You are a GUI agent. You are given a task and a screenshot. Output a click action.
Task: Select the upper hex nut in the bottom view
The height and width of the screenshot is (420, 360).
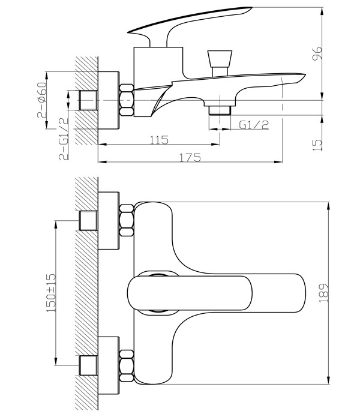tap(126, 220)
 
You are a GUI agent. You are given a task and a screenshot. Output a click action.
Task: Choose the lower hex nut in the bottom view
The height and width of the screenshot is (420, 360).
tap(126, 364)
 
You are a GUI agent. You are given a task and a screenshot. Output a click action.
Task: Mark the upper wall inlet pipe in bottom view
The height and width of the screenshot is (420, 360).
tap(89, 220)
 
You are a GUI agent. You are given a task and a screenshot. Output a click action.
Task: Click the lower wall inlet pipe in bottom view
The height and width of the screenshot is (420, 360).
tap(89, 364)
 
